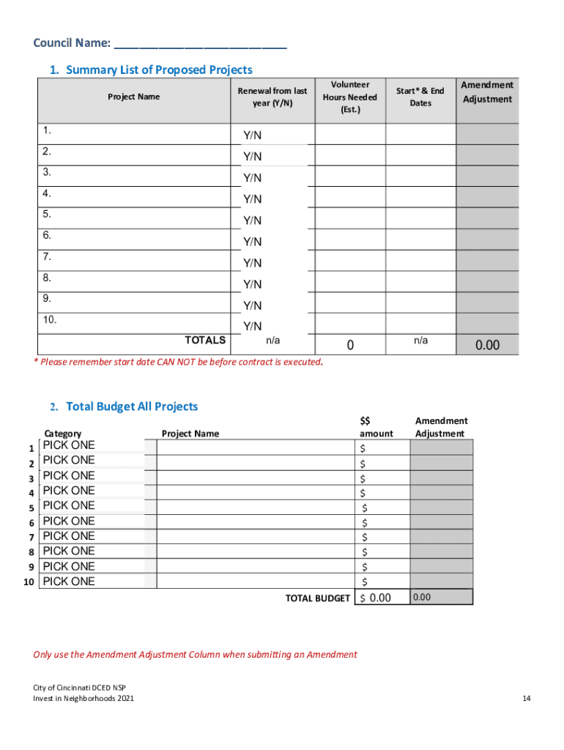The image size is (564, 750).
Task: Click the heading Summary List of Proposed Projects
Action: pyautogui.click(x=158, y=70)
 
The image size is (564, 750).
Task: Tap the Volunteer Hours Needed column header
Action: pyautogui.click(x=349, y=97)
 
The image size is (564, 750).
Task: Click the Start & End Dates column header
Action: pyautogui.click(x=420, y=97)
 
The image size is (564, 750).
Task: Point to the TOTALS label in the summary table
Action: pyautogui.click(x=205, y=340)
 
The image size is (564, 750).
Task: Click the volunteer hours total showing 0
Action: pyautogui.click(x=350, y=345)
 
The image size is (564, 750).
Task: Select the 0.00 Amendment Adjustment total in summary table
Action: pyautogui.click(x=487, y=345)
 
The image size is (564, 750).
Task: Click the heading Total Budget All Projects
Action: pyautogui.click(x=132, y=406)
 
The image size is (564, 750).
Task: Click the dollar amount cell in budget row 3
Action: pyautogui.click(x=381, y=478)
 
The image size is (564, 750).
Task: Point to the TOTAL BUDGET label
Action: pyautogui.click(x=318, y=598)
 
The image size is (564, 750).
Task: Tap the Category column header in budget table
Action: pyautogui.click(x=63, y=434)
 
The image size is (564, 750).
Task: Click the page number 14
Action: pyautogui.click(x=526, y=699)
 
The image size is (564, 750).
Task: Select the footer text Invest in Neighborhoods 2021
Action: pyautogui.click(x=84, y=699)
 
